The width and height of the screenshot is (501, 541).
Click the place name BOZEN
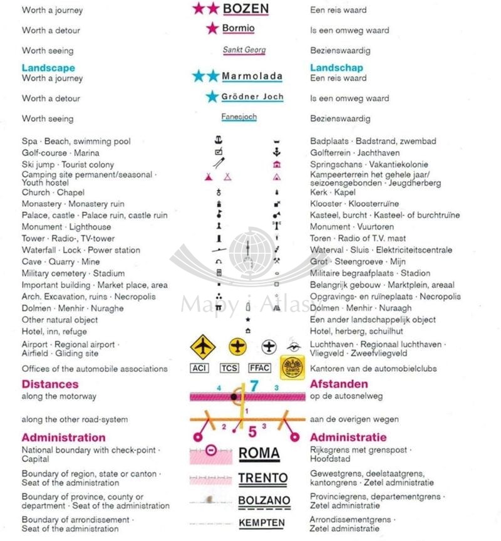(245, 9)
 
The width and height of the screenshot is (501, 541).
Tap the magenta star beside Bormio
(212, 28)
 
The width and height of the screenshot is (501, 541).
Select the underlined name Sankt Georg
(244, 50)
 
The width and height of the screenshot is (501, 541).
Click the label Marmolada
(252, 76)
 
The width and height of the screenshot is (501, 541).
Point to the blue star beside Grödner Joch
(212, 97)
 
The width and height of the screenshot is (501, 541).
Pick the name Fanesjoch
(239, 117)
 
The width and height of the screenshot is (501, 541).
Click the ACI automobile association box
(199, 368)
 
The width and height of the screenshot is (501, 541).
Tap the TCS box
(229, 368)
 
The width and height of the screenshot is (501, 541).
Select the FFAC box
(259, 368)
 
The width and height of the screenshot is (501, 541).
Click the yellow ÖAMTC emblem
(292, 367)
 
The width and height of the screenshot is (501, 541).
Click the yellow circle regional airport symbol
(238, 346)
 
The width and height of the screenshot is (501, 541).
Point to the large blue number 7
(254, 386)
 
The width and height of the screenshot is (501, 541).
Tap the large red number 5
(252, 431)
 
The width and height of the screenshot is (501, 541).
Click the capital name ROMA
(259, 453)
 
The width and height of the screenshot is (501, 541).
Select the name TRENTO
(262, 478)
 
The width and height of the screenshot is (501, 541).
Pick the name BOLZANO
(264, 500)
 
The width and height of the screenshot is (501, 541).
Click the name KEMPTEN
(262, 523)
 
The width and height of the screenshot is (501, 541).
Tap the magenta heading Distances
(50, 384)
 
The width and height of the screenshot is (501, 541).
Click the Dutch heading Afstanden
(339, 384)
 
